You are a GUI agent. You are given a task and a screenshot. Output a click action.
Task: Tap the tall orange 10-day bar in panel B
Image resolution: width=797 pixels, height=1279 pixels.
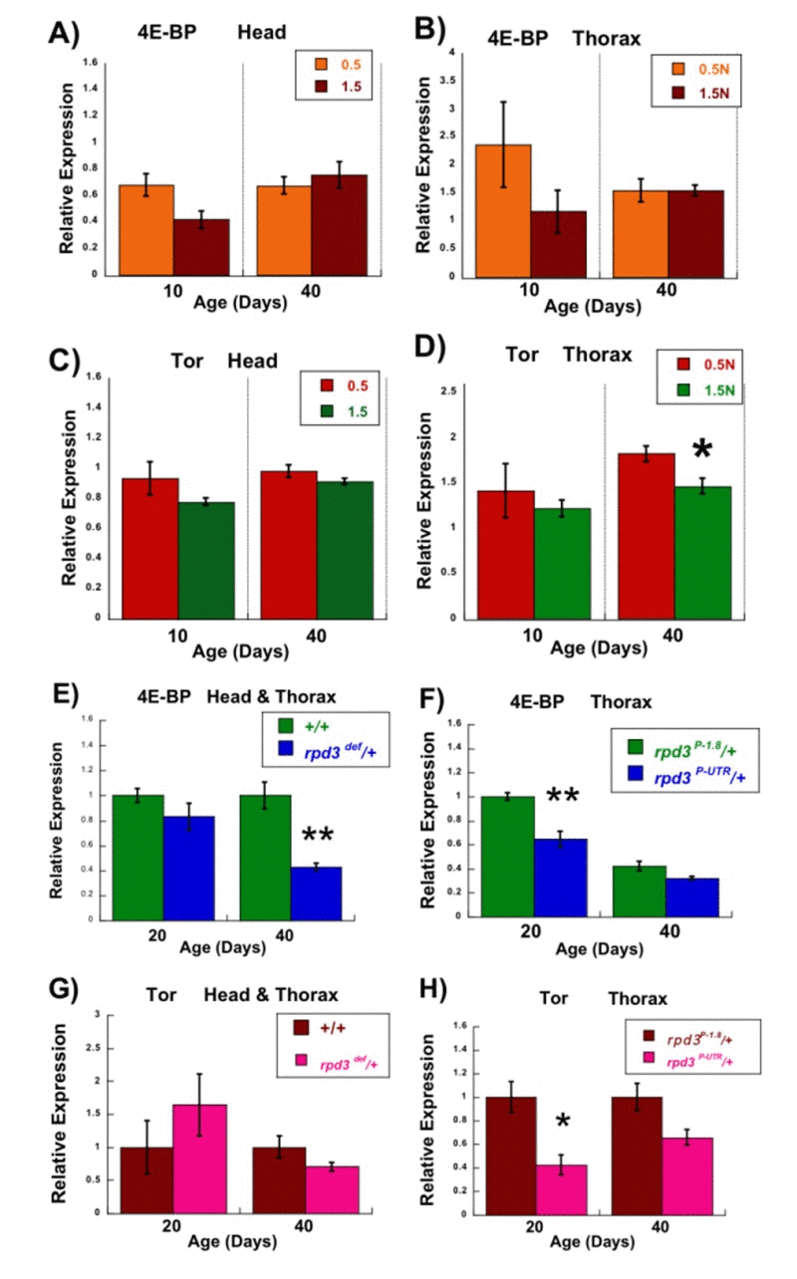coord(503,210)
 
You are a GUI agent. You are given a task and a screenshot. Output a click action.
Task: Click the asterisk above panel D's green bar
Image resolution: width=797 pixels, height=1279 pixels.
coord(702,451)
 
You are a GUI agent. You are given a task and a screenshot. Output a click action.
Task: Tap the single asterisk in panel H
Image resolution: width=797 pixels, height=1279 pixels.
coord(562,1123)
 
